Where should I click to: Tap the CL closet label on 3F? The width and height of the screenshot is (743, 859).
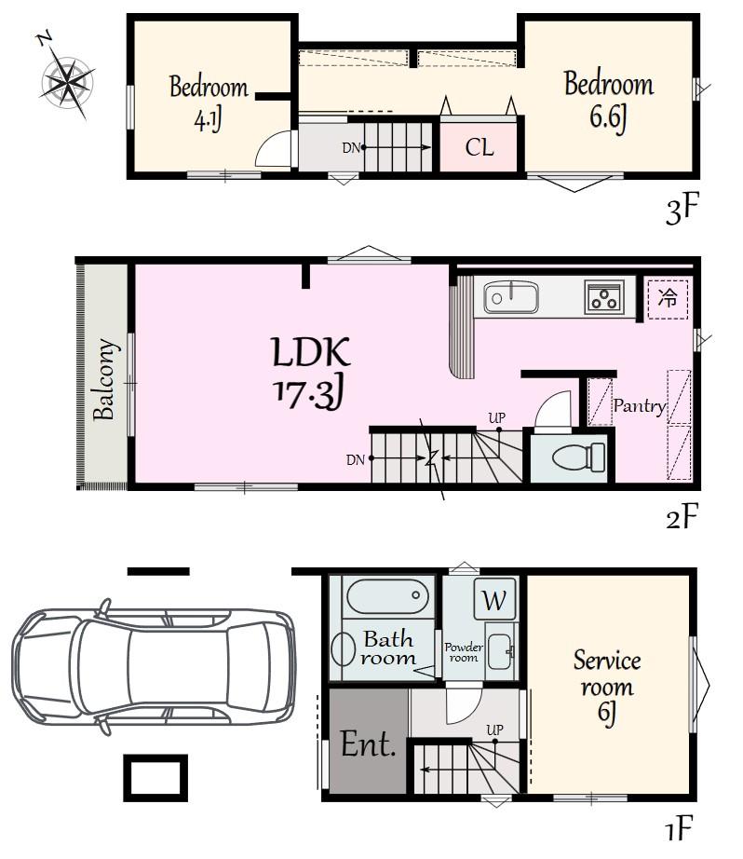tap(480, 147)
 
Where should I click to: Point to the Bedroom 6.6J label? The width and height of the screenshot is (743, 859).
tap(609, 102)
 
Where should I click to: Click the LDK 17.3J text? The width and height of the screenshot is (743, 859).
tap(311, 374)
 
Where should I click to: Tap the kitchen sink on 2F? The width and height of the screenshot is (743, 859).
tap(511, 297)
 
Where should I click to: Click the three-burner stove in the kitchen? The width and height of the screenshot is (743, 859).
tap(604, 297)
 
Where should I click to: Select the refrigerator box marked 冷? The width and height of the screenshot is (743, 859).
tap(668, 298)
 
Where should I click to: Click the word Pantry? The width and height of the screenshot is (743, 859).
tap(639, 406)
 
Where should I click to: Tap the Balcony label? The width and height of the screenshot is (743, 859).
tap(104, 379)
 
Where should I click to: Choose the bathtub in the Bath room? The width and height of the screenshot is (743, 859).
tap(387, 596)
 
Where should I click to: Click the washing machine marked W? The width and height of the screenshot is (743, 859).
tap(494, 599)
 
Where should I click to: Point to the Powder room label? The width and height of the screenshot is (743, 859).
tap(464, 652)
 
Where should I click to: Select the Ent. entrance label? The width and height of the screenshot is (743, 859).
tap(368, 743)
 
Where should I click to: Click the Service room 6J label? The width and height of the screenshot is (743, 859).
tap(607, 687)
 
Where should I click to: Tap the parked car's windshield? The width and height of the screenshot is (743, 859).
tap(250, 665)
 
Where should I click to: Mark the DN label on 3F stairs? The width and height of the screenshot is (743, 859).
tap(351, 147)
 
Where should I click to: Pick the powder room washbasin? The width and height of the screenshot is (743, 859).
tap(499, 651)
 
